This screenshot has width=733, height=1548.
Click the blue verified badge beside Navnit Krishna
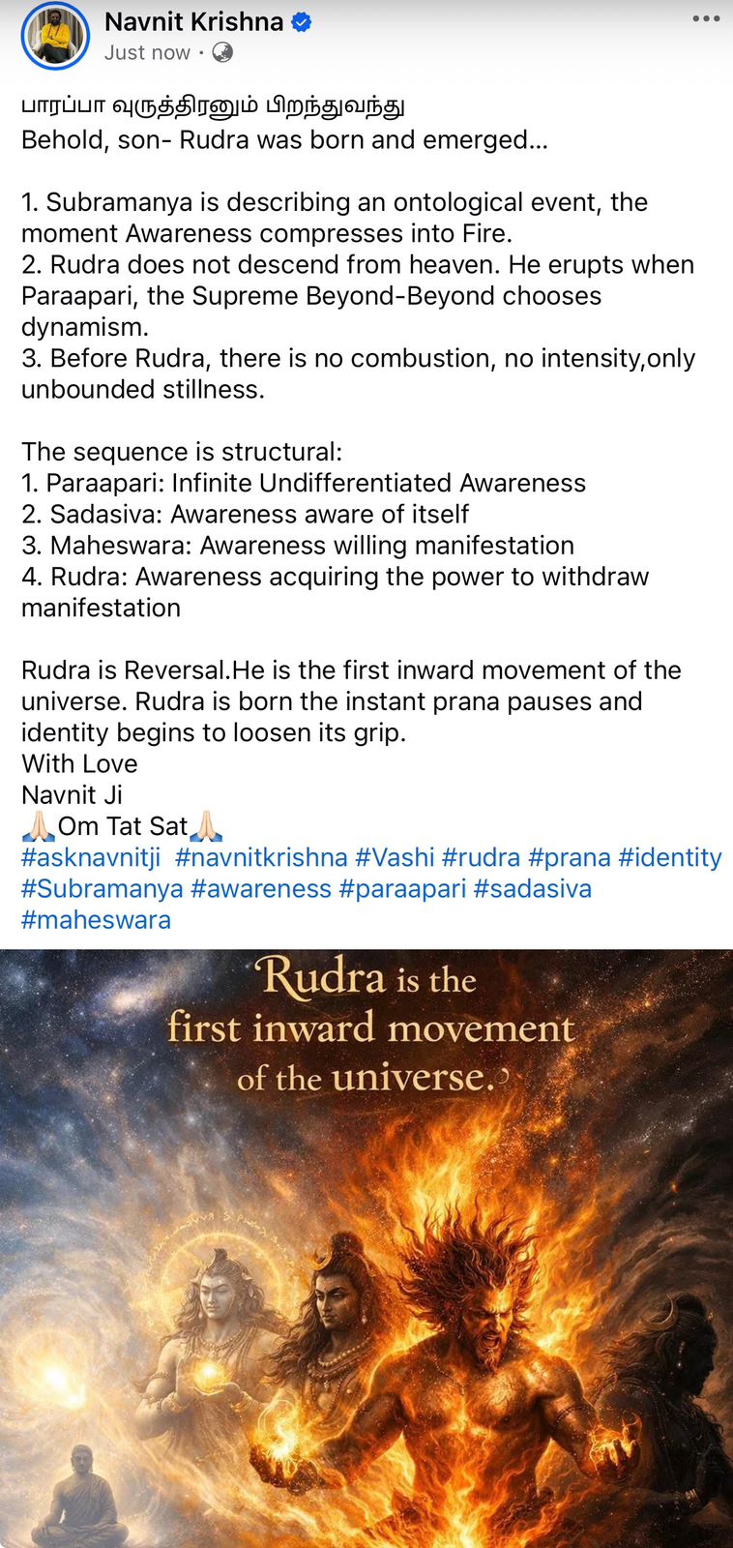[301, 22]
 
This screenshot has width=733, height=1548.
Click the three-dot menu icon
[706, 18]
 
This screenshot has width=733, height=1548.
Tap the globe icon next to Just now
[222, 52]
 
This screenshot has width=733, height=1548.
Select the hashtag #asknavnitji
[91, 857]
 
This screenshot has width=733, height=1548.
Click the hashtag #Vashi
[395, 857]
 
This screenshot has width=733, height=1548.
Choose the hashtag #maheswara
[96, 920]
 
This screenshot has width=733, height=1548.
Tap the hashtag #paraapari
[403, 889]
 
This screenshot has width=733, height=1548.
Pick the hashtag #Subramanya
[103, 889]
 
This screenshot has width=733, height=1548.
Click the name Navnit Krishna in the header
[194, 22]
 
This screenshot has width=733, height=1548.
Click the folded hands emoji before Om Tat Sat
[39, 826]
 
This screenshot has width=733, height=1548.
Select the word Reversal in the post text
[175, 670]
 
